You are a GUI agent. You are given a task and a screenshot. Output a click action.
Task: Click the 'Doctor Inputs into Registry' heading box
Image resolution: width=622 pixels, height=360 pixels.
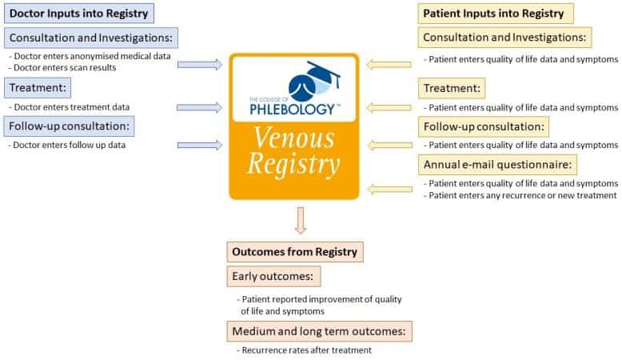click(x=76, y=13)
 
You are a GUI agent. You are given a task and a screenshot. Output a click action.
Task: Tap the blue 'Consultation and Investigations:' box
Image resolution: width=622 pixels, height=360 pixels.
click(x=92, y=38)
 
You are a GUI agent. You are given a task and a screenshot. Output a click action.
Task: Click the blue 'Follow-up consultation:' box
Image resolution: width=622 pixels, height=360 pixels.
click(x=70, y=126)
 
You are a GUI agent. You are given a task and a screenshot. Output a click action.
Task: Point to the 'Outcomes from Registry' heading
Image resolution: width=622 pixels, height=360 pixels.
click(x=294, y=252)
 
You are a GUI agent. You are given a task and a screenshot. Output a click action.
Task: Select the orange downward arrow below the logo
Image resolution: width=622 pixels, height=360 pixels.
click(x=301, y=220)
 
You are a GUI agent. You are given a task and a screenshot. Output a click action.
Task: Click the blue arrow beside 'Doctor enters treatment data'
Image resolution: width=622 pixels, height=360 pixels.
click(x=200, y=106)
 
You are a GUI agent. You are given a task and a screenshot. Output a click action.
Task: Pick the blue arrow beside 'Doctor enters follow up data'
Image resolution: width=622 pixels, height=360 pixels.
click(x=200, y=145)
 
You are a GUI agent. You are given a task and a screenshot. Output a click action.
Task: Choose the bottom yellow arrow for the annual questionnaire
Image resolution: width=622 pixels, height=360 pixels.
click(x=390, y=189)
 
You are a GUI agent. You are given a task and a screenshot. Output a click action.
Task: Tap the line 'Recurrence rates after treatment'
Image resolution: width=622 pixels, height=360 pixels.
click(x=304, y=350)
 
